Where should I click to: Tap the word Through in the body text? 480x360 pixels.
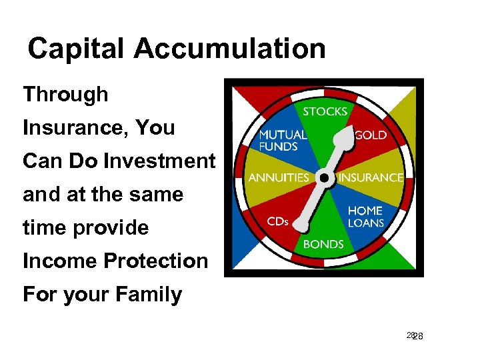click(x=65, y=95)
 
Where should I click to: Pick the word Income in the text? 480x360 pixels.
click(x=55, y=261)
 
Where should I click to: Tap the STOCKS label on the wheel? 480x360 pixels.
click(x=325, y=111)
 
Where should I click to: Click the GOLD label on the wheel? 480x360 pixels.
click(x=371, y=135)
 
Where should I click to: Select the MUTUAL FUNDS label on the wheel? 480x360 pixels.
click(x=282, y=140)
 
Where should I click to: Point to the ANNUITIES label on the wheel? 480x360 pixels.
click(x=279, y=178)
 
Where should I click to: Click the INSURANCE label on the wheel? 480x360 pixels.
click(x=371, y=178)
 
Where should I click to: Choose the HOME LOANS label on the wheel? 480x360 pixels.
click(x=365, y=217)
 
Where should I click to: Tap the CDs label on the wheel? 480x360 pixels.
click(x=277, y=221)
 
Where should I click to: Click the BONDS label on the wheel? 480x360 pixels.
click(x=323, y=244)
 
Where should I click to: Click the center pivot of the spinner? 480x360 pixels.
click(x=324, y=178)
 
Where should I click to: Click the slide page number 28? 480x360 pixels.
click(x=415, y=337)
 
